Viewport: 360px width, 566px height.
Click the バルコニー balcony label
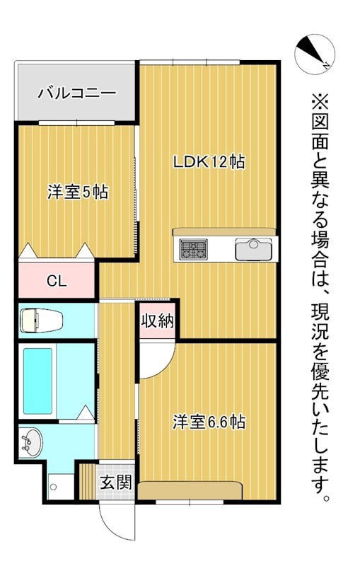(76, 92)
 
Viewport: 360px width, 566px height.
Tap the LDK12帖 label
(209, 161)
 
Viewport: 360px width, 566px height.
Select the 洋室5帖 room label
(77, 192)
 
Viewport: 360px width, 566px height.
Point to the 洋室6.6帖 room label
(209, 422)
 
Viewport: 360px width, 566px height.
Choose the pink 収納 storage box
(156, 320)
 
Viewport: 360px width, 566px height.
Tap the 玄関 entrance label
(115, 484)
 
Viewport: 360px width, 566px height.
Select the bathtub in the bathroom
(38, 381)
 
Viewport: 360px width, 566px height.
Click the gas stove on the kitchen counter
(193, 250)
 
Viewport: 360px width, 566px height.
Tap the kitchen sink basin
(253, 249)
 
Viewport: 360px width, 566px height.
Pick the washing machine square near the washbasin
(55, 487)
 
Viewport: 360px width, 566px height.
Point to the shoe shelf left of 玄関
(87, 483)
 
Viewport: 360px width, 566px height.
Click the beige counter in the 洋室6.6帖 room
(191, 490)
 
